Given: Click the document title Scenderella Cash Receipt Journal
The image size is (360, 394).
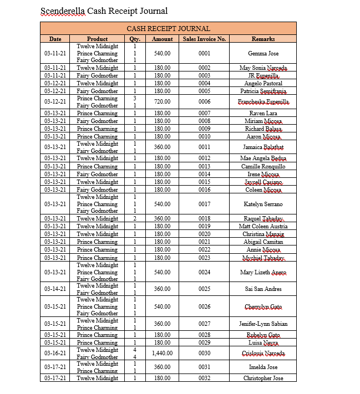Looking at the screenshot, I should click(x=104, y=11).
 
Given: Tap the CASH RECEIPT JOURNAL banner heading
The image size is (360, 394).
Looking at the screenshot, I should click(x=168, y=28).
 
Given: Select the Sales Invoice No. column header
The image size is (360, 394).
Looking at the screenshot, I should click(x=204, y=39).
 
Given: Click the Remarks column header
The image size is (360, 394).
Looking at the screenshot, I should click(x=263, y=39).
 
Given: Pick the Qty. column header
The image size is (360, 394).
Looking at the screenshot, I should click(x=135, y=39).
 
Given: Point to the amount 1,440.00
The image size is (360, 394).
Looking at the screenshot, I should click(x=162, y=353).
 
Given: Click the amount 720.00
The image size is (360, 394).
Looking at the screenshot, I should click(x=162, y=102).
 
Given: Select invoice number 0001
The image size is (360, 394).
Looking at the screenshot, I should click(x=204, y=54).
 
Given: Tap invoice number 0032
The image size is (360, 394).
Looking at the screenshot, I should click(x=204, y=378).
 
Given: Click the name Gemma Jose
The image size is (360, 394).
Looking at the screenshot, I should click(x=263, y=54).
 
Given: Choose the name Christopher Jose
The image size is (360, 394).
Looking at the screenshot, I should click(x=263, y=378).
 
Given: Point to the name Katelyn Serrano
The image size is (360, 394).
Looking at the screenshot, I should click(x=263, y=204).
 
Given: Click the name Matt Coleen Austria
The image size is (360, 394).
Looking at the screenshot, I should click(x=263, y=226).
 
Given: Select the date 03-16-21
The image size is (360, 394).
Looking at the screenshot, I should click(x=55, y=353).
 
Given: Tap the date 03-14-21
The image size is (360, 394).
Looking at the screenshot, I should click(x=55, y=289).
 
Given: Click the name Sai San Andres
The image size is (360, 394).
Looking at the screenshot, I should click(x=263, y=289).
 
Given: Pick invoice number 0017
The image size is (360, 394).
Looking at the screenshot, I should click(x=204, y=204).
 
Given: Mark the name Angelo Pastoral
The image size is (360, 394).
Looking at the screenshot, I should click(x=263, y=83).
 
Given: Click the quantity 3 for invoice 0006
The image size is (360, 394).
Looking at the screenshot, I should click(x=134, y=98).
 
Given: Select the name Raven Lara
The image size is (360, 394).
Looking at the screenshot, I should click(x=263, y=113).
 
